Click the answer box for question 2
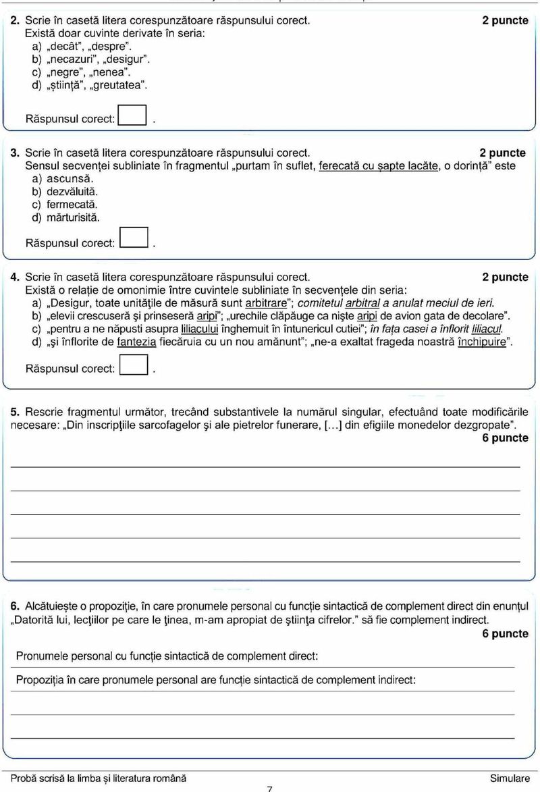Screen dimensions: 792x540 point(132,116)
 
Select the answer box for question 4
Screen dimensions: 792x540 point(133,367)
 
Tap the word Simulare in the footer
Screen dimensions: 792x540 point(510,778)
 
